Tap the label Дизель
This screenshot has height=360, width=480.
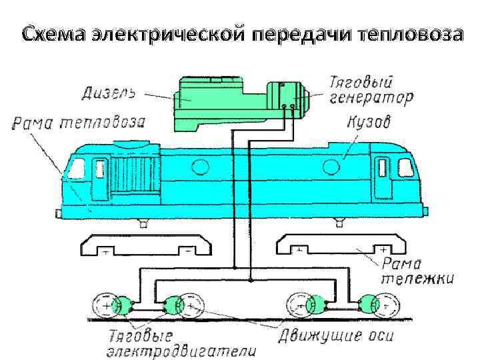pyautogui.click(x=109, y=93)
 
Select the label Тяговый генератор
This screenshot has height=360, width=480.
pyautogui.click(x=371, y=91)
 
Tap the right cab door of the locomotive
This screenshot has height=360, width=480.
pyautogui.click(x=381, y=175)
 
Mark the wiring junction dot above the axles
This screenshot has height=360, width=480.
pyautogui.click(x=250, y=279)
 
